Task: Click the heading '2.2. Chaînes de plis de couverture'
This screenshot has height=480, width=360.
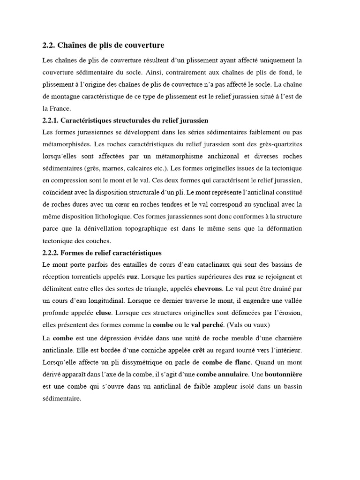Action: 103,45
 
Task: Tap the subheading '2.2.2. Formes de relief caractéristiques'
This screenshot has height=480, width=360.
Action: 102,253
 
